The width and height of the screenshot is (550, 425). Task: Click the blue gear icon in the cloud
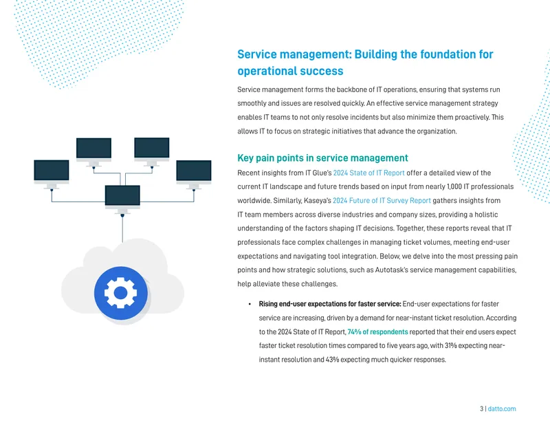click(121, 293)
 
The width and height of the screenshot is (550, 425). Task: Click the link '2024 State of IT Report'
click(368, 173)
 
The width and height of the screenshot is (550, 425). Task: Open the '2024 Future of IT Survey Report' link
click(382, 201)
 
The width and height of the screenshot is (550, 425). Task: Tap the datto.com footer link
click(502, 409)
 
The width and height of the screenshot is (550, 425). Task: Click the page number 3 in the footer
click(482, 409)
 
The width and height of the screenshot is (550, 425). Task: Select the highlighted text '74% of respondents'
click(377, 332)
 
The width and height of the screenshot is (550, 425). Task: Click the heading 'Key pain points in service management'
click(322, 158)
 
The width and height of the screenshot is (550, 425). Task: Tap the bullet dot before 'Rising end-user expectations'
click(250, 304)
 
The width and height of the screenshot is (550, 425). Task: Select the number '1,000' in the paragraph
click(454, 186)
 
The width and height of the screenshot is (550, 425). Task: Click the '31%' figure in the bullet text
click(451, 346)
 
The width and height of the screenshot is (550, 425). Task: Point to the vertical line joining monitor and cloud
click(122, 229)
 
